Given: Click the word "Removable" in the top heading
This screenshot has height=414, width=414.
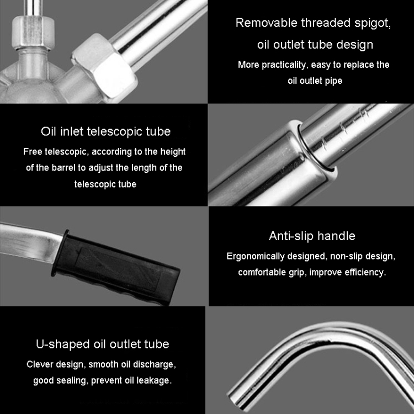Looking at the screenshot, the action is click(x=267, y=23).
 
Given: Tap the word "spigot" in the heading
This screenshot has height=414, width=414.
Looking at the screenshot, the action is click(x=372, y=24).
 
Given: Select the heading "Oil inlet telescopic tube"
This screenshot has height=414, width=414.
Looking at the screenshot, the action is click(x=105, y=131).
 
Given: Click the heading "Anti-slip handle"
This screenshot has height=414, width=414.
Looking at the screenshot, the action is click(x=312, y=236).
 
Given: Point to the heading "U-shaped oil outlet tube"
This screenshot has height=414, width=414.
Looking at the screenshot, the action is click(x=103, y=344).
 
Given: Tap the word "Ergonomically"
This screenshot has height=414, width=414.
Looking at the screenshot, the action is click(x=256, y=256).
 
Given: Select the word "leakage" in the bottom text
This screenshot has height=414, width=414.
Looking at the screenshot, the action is click(x=154, y=380).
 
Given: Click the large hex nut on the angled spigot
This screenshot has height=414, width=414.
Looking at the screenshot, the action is click(x=105, y=67).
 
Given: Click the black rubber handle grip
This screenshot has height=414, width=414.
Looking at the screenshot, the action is click(x=116, y=267).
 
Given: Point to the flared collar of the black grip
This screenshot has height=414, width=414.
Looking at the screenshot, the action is click(x=60, y=253).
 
